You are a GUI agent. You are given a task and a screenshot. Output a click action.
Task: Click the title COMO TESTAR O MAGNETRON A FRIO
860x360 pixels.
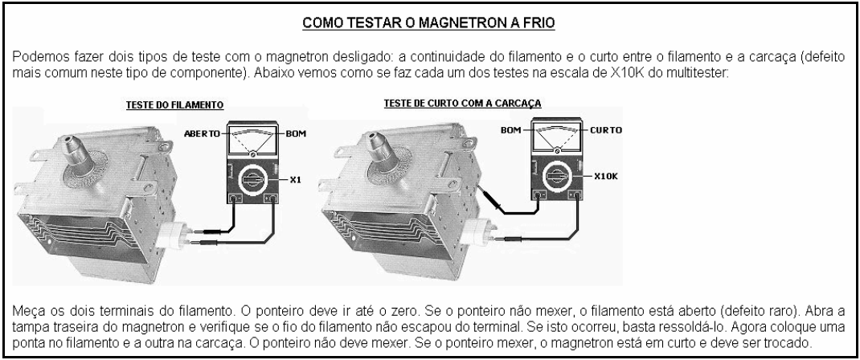tap(429, 23)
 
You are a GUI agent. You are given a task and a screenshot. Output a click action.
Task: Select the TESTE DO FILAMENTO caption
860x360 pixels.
tap(175, 104)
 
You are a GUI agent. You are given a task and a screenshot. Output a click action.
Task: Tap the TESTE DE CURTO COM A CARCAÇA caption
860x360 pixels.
tap(462, 103)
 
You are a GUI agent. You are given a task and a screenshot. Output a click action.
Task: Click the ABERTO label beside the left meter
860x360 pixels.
tap(202, 133)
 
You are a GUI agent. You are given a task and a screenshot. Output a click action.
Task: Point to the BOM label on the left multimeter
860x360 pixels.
tap(296, 133)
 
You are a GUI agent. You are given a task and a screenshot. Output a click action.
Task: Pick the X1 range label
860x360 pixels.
tap(296, 179)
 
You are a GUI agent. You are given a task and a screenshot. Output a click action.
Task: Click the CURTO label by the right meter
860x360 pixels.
tap(605, 130)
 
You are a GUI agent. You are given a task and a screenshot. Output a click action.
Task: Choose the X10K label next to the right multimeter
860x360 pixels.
tap(606, 177)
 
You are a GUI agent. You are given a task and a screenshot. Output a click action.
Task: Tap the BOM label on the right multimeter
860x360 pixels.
tap(510, 130)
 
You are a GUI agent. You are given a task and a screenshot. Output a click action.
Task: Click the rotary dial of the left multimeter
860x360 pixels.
tap(253, 180)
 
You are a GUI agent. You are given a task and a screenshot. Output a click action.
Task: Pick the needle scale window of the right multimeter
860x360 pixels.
tap(557, 137)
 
